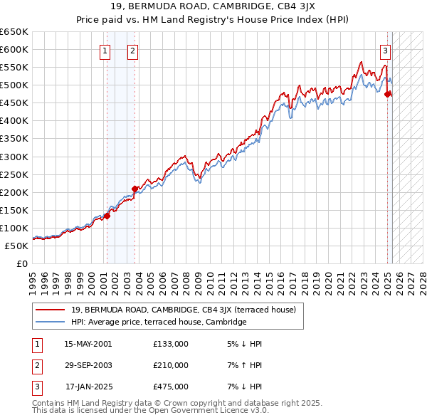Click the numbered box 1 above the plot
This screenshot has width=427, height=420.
coord(105,51)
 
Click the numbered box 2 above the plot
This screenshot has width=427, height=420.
coord(133,51)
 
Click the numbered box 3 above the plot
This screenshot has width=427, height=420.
coord(385,51)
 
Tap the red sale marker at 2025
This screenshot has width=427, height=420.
coord(388,93)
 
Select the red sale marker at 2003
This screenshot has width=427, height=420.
coord(135,189)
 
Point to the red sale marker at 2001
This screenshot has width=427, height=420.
coord(107,216)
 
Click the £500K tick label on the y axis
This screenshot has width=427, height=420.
coord(14,85)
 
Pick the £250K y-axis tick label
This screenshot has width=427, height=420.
coord(14,174)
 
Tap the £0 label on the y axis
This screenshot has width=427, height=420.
coord(21,263)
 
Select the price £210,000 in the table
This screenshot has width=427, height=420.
coord(171,365)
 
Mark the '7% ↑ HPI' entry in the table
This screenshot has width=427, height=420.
coord(243,365)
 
